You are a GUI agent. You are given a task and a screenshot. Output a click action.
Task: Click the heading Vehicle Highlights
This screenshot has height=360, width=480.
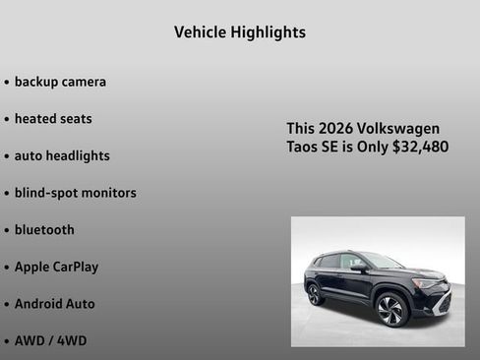pos(240,32)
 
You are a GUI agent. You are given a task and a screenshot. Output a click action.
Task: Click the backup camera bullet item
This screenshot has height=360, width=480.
pos(60,82)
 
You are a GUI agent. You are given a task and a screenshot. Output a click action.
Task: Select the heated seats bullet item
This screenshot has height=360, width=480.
pos(53,119)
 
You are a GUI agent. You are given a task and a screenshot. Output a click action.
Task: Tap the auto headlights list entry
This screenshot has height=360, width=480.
pos(62,155)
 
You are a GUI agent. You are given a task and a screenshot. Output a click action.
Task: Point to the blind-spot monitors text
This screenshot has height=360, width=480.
pos(75,193)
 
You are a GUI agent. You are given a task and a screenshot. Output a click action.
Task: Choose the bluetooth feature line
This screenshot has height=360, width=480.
pos(44,229)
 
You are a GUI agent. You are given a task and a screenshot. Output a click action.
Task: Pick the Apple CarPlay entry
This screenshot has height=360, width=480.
pos(56,267)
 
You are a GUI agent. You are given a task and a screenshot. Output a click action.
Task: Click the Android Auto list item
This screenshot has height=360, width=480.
pos(54,304)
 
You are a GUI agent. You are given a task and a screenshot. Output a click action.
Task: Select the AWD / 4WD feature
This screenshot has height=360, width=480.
pos(50,340)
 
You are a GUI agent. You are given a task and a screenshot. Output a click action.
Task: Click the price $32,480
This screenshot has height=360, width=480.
pos(420,148)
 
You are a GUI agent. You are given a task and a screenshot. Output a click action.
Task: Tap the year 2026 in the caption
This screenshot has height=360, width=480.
pos(340,129)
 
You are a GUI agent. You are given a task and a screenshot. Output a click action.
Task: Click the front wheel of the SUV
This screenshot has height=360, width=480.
pos(390,310)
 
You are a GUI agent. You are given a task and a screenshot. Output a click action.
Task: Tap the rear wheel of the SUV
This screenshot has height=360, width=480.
pos(315,294)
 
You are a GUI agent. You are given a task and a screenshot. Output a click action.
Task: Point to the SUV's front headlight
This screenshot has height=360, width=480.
pos(427,283)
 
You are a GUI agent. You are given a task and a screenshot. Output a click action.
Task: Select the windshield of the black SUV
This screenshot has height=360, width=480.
pos(382,261)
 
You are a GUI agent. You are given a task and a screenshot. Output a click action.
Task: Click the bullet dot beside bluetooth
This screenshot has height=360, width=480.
pos(7,230)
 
